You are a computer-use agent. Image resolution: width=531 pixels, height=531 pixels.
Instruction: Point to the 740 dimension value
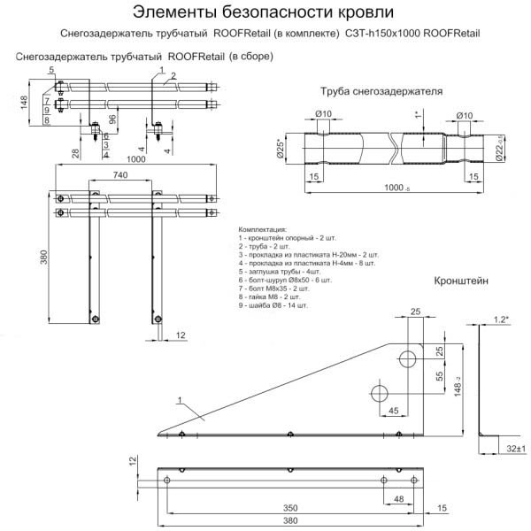click(123, 176)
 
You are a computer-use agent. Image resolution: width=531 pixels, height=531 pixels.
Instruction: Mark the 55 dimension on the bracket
click(439, 376)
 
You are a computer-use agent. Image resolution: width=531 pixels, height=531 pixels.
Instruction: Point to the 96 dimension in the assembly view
click(112, 119)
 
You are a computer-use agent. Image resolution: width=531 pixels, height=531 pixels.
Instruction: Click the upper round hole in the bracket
click(409, 358)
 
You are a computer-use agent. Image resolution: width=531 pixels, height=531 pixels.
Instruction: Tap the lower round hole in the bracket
click(380, 394)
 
